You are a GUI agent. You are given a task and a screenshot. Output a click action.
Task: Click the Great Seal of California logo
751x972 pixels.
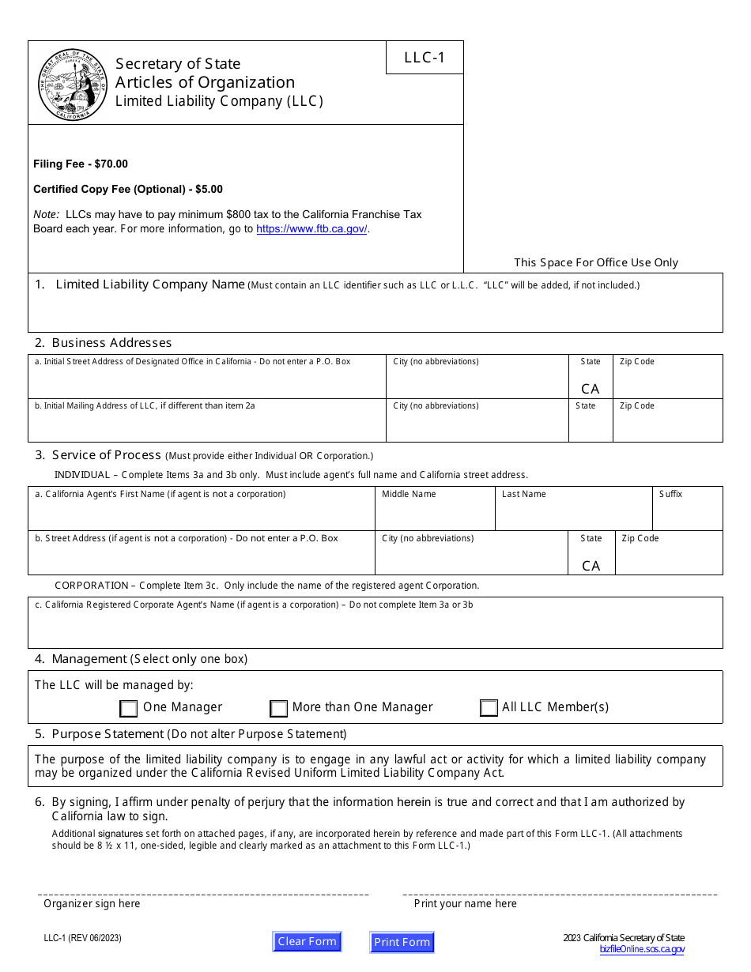(x=73, y=84)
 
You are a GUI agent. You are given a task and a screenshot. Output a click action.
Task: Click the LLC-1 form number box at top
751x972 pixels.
(x=425, y=58)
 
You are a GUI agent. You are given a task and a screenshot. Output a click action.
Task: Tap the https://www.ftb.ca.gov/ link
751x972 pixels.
(x=311, y=229)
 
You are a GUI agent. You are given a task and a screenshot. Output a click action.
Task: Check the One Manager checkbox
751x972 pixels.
(x=129, y=708)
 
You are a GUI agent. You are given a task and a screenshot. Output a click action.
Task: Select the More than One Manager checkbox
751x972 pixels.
(x=278, y=708)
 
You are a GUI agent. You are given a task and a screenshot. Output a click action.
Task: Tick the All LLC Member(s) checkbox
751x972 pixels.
(x=489, y=708)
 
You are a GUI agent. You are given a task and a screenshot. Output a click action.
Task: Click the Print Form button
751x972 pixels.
(x=402, y=942)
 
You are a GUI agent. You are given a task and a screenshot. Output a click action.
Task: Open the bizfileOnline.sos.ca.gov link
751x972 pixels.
(x=642, y=950)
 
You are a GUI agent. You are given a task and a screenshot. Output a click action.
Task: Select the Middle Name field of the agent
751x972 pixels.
(x=434, y=515)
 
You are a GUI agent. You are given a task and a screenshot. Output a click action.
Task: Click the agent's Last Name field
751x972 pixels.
(x=573, y=515)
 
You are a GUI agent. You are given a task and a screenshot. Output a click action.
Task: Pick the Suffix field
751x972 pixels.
(x=687, y=515)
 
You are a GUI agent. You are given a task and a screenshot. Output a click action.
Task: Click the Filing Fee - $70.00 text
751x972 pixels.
(x=81, y=164)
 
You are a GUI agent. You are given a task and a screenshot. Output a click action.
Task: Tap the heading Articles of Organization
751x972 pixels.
(x=205, y=82)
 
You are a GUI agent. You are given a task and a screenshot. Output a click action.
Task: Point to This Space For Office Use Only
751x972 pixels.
(x=595, y=262)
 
